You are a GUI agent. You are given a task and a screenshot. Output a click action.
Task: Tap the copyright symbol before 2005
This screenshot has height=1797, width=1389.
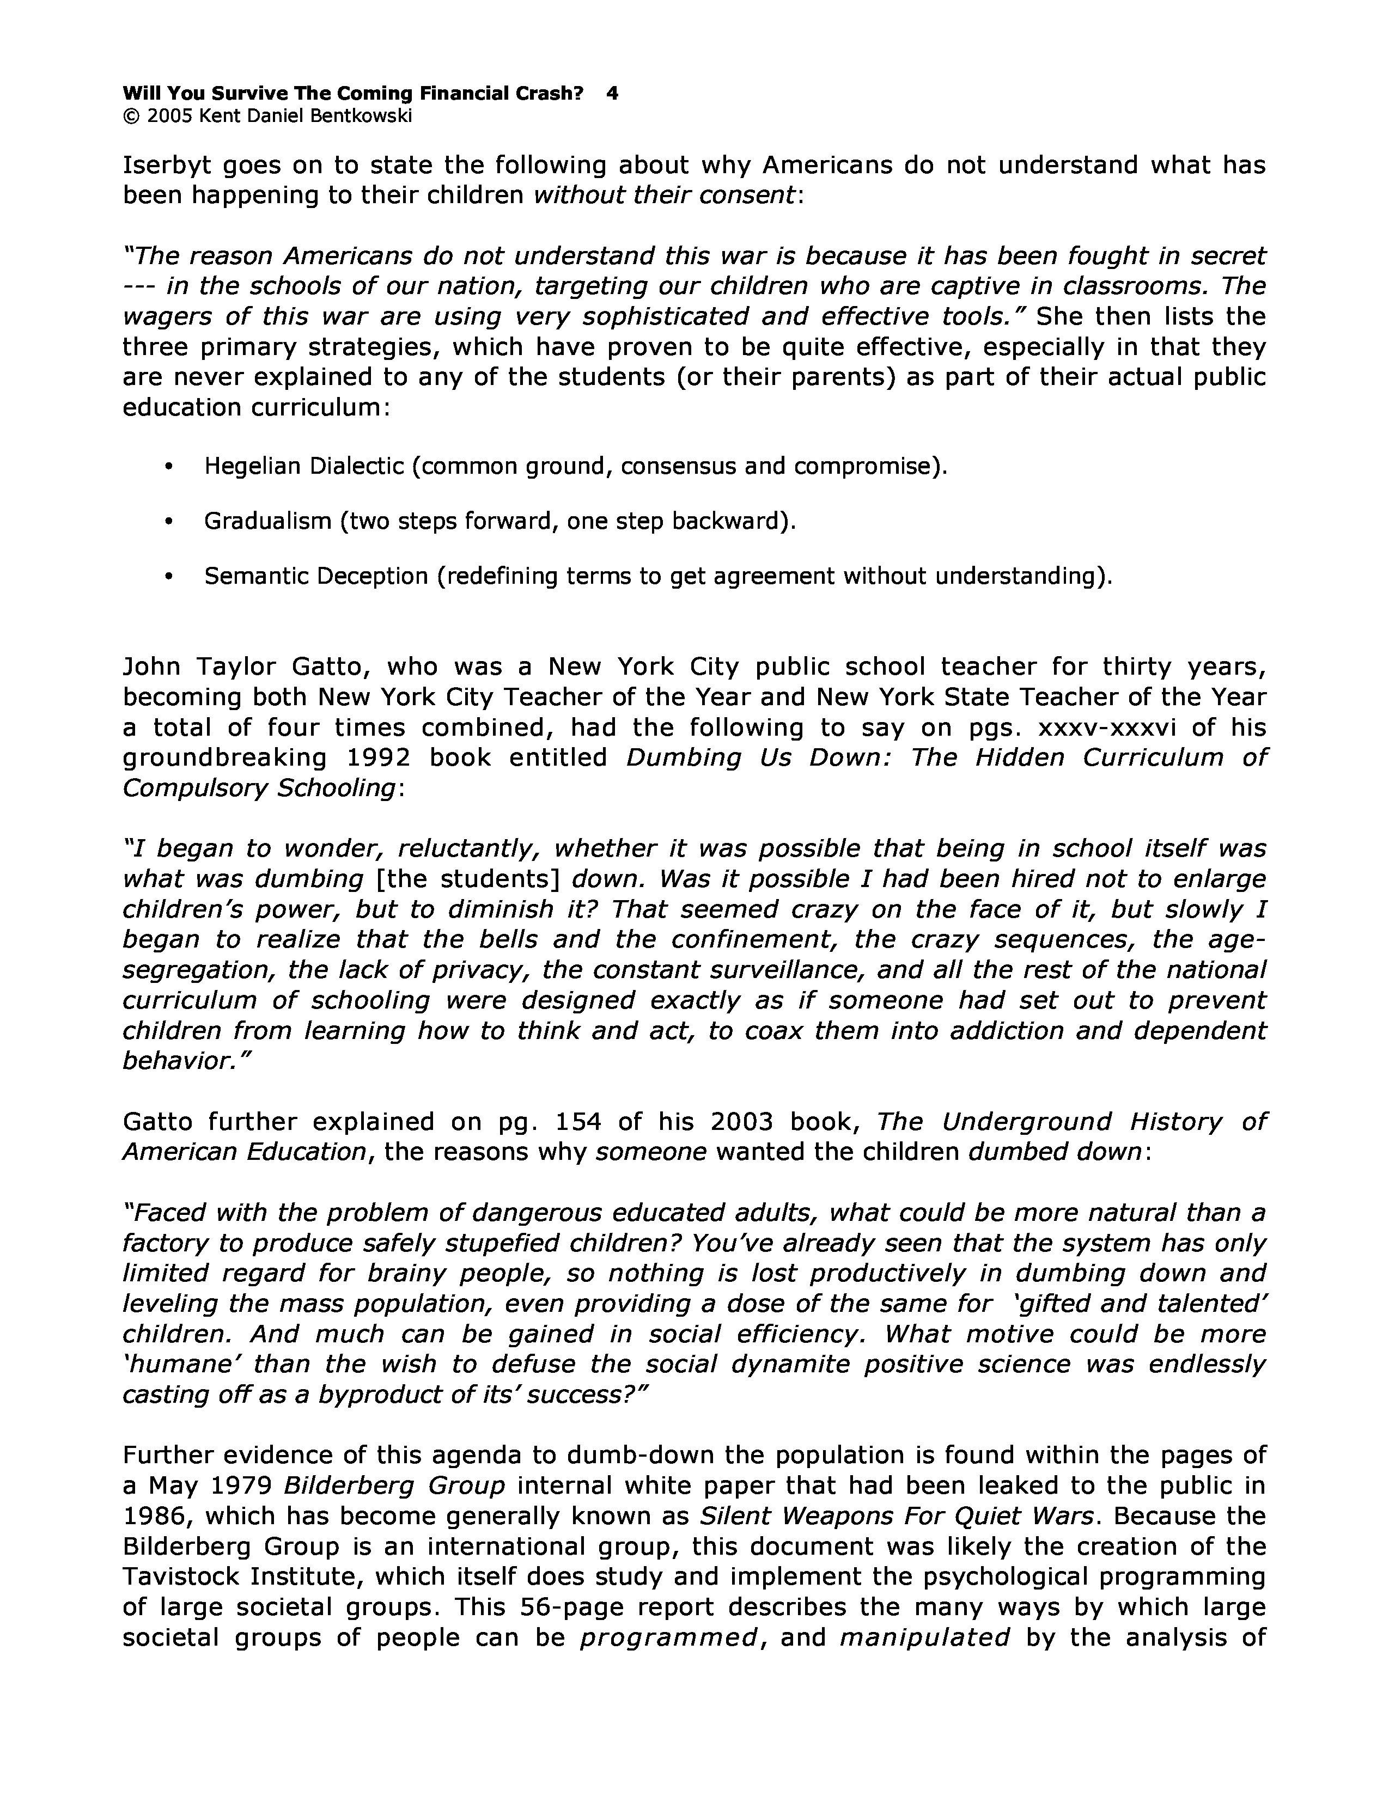tap(131, 116)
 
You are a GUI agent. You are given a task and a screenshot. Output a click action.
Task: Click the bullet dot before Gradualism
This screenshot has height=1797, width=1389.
tap(169, 522)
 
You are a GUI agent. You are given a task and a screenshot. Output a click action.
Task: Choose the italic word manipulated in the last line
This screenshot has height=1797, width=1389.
tap(924, 1638)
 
